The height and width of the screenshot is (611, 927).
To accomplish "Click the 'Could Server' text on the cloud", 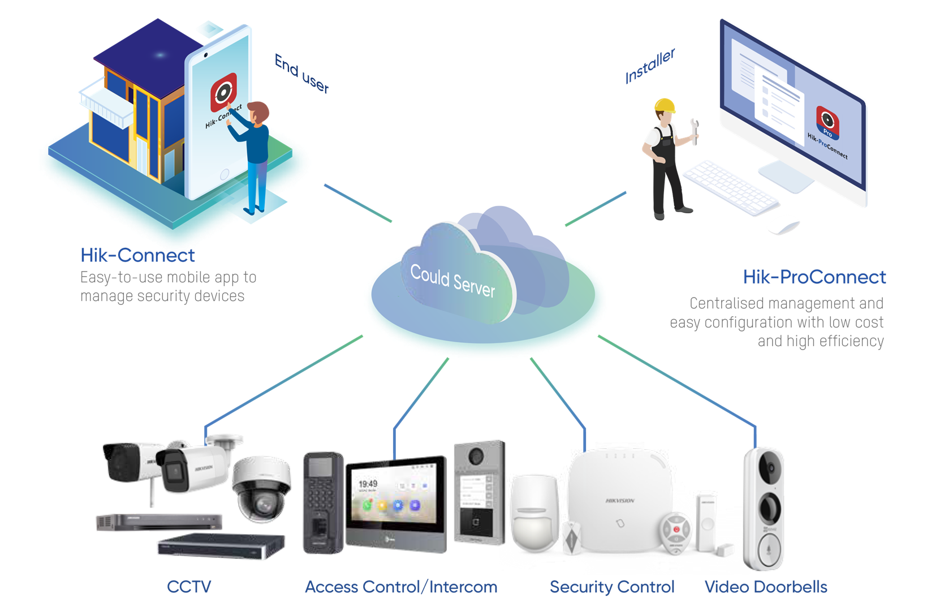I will coord(452,281).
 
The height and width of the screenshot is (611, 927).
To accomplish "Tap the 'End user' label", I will coord(302,74).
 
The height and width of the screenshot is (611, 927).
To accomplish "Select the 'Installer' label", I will coord(650,66).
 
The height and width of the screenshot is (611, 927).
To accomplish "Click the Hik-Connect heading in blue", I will coord(137,255).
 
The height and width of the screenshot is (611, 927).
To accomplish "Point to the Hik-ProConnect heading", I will coord(814,277).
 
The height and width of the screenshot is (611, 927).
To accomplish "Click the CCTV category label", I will coord(189,587).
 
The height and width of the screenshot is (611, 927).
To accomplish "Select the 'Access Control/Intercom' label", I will coord(401,587).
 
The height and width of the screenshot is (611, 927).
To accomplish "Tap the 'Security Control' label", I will coord(612,587).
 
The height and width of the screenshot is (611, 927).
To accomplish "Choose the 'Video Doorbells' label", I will coord(766,587).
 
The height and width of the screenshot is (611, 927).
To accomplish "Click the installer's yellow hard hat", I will coord(665,105).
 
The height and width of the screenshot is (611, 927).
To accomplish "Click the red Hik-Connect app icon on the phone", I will coord(223,92).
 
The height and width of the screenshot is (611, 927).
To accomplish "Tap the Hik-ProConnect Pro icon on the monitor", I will coord(827,122).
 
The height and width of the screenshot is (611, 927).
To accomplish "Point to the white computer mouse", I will coord(783,225).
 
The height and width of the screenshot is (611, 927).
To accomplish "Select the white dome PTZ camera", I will coord(261,489).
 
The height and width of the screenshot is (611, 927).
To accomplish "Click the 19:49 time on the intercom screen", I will coord(368,484).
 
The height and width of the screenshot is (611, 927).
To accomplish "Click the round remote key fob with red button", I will coord(676,532).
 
